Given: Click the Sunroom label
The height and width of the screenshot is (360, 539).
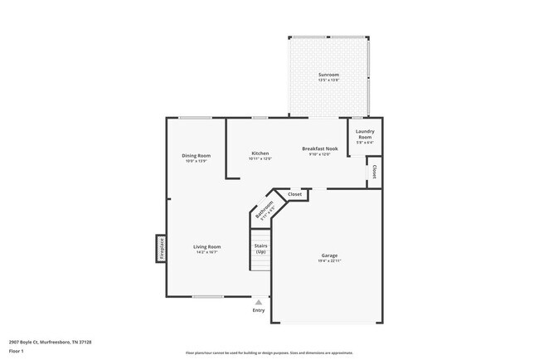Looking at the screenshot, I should tap(329, 75).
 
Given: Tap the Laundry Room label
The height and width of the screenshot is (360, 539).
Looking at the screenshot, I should tap(365, 134).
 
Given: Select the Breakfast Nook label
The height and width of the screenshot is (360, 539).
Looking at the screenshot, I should tap(319, 148).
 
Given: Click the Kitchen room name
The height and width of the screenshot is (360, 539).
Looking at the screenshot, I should tap(260, 153).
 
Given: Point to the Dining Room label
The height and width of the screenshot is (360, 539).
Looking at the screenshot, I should tap(197, 155).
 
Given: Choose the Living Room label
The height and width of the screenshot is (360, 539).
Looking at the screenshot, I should tap(206, 246).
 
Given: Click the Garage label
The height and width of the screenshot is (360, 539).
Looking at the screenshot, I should tap(329, 255).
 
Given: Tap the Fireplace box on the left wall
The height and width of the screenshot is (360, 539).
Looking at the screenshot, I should tap(162, 248).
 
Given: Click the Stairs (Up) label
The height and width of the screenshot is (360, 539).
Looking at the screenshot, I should tap(260, 248).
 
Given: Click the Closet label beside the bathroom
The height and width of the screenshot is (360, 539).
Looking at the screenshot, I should tap(294, 195).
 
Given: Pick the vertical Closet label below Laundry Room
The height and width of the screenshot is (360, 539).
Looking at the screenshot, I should tap(374, 172).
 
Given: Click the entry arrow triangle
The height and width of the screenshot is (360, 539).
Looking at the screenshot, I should tap(259, 302).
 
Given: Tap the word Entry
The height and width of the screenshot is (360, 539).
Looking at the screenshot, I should tap(259, 310).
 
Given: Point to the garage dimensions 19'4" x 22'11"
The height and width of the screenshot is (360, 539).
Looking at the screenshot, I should tap(329, 260).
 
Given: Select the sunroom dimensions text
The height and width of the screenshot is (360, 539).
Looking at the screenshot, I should tap(329, 80).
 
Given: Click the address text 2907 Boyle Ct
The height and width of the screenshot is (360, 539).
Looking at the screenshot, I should tap(50, 342).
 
